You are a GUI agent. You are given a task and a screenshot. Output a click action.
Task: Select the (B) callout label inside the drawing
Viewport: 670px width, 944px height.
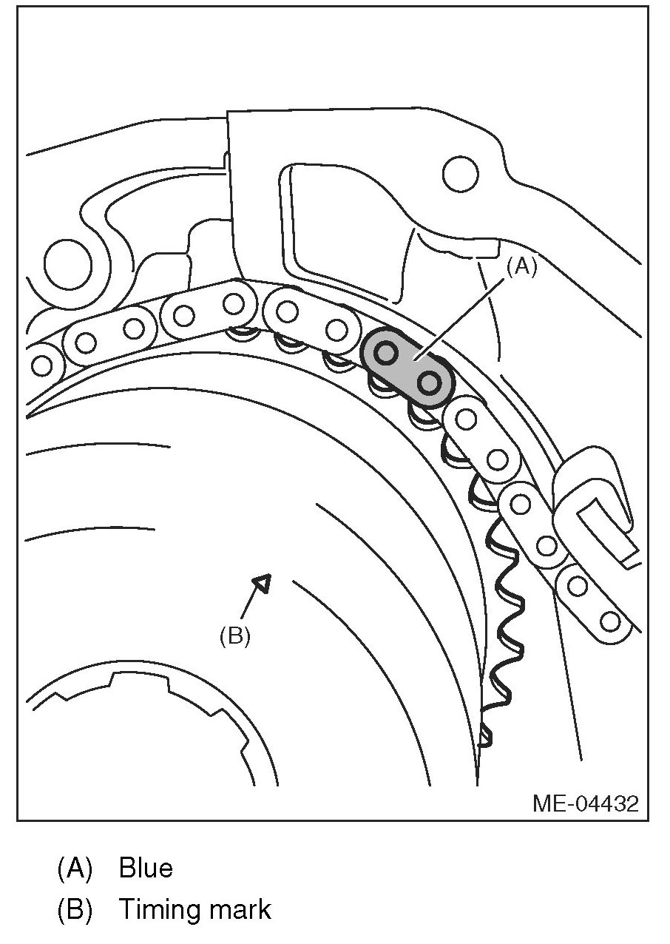235,635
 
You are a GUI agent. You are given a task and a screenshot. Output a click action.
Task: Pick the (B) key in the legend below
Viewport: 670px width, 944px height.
74,909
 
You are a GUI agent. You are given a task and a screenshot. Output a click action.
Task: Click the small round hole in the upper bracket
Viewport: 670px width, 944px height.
460,175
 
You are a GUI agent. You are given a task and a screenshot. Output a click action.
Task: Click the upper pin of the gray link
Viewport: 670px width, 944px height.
385,354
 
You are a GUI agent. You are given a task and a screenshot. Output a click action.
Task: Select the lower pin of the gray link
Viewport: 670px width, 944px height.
430,382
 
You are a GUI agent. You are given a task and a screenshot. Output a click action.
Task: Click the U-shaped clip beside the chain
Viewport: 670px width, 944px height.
596,510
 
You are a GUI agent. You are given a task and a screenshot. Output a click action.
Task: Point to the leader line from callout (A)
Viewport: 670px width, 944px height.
466,319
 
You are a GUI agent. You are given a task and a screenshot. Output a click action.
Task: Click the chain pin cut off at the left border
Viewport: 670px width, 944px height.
41,366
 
